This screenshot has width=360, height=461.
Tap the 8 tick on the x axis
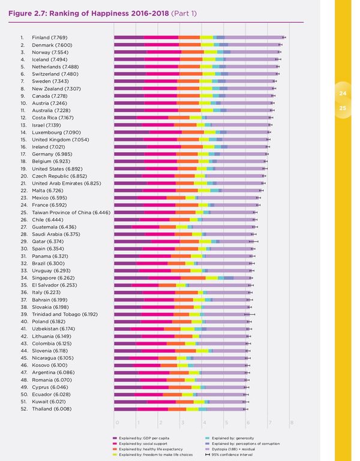click(291, 423)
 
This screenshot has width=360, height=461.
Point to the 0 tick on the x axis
click(116, 423)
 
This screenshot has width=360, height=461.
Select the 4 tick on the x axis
click(204, 423)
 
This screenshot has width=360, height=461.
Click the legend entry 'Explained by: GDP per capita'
click(145, 438)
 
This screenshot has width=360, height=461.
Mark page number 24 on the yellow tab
click(343, 94)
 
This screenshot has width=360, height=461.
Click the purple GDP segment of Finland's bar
click(129, 37)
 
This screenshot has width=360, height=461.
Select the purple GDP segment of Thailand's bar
click(125, 408)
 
